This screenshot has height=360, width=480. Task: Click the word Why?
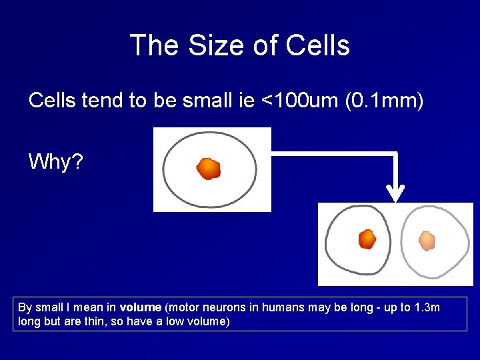(56, 161)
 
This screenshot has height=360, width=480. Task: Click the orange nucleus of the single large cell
(208, 168)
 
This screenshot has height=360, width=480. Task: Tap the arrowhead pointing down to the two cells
(396, 194)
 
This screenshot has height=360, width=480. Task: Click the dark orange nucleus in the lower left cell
(367, 239)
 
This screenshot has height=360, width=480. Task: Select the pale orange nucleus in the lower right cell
(426, 240)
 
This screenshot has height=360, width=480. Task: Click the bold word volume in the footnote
(141, 307)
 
